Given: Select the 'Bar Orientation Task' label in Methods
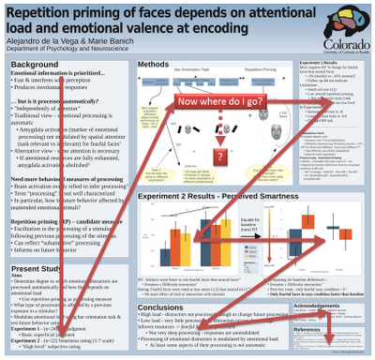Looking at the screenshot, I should click(x=172, y=71).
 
